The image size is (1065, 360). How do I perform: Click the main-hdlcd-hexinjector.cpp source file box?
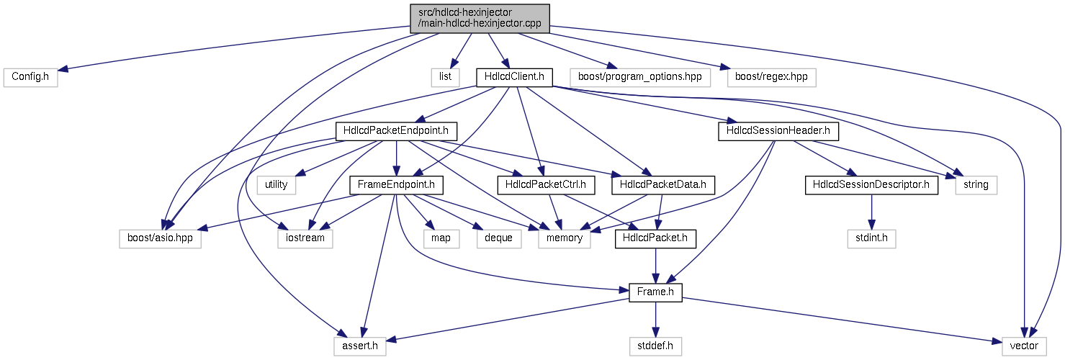tap(480, 19)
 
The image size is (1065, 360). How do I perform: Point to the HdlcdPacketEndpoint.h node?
tap(396, 131)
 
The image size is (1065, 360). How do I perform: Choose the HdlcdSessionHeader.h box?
tap(778, 131)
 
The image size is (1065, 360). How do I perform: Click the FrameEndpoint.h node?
tap(397, 185)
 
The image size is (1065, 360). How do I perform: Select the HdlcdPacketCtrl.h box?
tap(546, 185)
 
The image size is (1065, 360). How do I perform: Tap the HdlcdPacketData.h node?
tap(663, 185)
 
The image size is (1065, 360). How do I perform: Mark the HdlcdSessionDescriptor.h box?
tap(871, 185)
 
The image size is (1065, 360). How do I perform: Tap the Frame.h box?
tap(656, 292)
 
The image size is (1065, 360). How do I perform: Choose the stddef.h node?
tap(656, 346)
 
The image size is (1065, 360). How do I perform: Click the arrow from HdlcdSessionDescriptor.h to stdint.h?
tap(871, 212)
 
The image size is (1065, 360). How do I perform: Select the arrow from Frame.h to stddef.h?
tap(656, 320)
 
